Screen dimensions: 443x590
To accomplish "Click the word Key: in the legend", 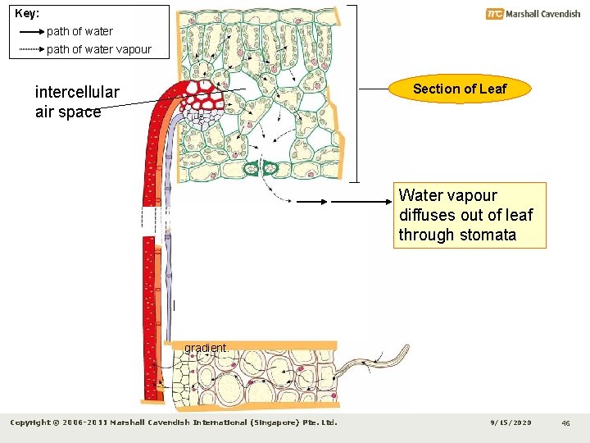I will pos(27,14).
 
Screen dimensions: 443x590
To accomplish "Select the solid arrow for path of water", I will pos(30,32).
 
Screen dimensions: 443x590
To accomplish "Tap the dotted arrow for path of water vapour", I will pos(30,50).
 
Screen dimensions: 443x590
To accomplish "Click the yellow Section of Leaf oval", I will pos(459,89).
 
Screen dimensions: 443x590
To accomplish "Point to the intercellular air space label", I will pos(77,102).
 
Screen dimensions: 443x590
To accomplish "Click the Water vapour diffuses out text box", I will pos(469,215).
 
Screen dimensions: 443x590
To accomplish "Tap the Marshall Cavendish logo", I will pos(533,14).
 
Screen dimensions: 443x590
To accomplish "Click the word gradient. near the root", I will pos(206,348).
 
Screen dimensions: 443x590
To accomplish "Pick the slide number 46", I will pos(565,422).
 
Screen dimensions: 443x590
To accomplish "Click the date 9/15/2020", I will pos(511,422).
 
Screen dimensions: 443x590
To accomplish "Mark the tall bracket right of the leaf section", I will pos(356,92).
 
